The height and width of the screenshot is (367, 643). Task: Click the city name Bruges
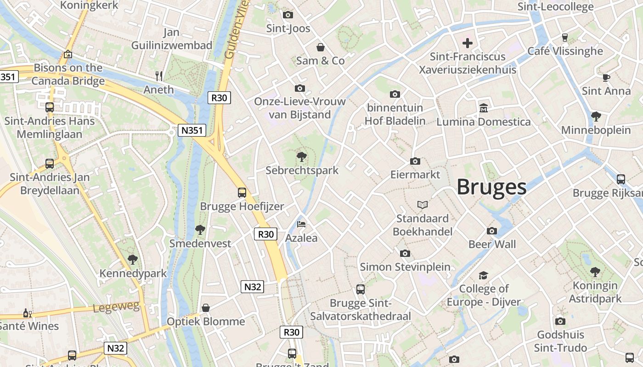pyautogui.click(x=491, y=187)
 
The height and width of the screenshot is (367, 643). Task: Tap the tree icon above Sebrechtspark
pyautogui.click(x=302, y=157)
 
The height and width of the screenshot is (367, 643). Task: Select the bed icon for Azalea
pyautogui.click(x=302, y=224)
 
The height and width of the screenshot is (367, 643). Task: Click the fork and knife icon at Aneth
pyautogui.click(x=159, y=76)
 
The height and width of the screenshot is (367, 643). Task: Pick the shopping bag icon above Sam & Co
pyautogui.click(x=321, y=47)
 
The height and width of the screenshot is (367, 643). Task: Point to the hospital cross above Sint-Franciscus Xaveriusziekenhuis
pyautogui.click(x=468, y=44)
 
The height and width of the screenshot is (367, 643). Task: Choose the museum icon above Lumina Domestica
pyautogui.click(x=483, y=108)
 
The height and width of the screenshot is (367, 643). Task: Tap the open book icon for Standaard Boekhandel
pyautogui.click(x=423, y=205)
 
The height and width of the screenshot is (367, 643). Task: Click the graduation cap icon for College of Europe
pyautogui.click(x=483, y=275)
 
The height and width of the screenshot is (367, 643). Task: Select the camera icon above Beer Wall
pyautogui.click(x=492, y=231)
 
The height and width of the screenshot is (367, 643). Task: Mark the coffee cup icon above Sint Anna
pyautogui.click(x=606, y=78)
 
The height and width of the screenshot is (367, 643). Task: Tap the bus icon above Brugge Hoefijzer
pyautogui.click(x=242, y=193)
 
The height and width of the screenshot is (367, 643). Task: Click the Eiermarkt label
pyautogui.click(x=415, y=175)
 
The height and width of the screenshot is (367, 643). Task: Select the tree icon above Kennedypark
pyautogui.click(x=133, y=260)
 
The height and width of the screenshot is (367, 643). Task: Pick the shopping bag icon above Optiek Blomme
pyautogui.click(x=206, y=308)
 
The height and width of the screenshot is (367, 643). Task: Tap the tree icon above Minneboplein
pyautogui.click(x=596, y=117)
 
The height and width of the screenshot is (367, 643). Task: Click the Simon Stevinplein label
pyautogui.click(x=405, y=267)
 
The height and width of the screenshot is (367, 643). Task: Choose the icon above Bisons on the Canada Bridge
pyautogui.click(x=68, y=54)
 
